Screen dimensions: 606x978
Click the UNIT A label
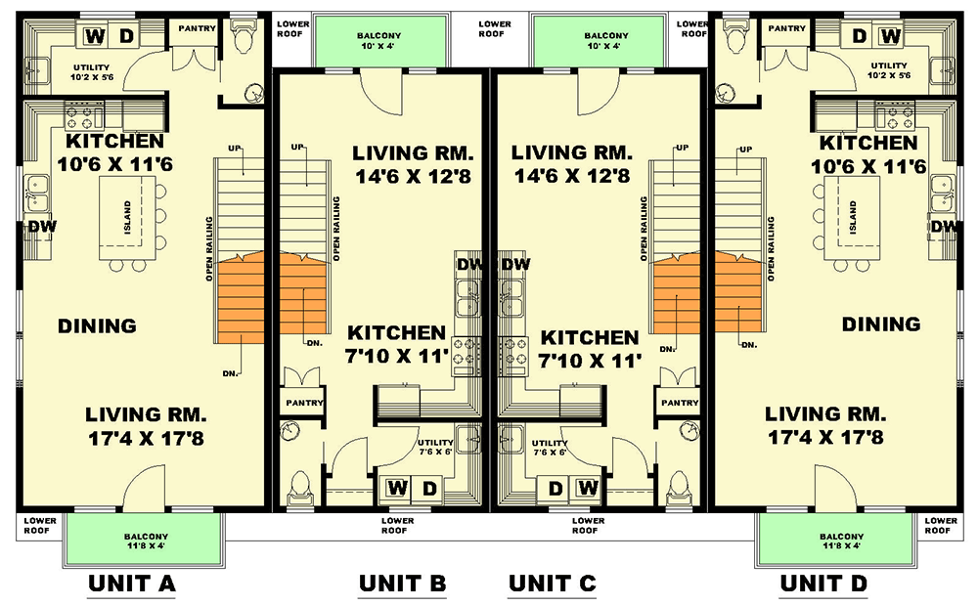pos(131,584)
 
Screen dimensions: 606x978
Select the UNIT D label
pos(823,584)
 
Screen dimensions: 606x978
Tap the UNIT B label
pos(402,584)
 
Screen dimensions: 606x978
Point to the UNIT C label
pos(552,584)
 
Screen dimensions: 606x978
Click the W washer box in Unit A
pos(96,37)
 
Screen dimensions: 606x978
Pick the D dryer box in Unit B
pos(427,487)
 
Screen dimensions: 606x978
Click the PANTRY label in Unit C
pos(679,403)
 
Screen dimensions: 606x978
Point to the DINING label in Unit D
pos(880,325)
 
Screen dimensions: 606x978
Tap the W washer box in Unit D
pos(890,37)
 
